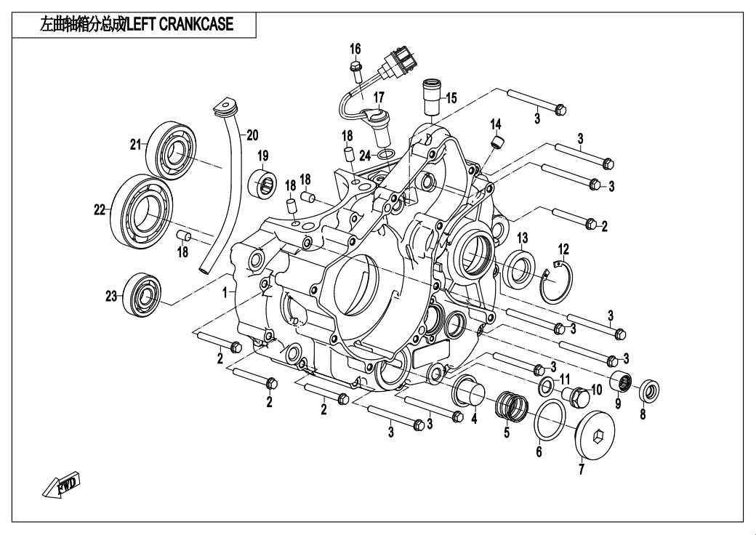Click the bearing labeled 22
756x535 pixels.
click(x=142, y=207)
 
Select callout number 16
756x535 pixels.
click(x=355, y=49)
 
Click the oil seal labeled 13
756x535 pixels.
click(x=518, y=268)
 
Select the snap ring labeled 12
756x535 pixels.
click(x=560, y=280)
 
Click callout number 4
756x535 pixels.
click(x=474, y=419)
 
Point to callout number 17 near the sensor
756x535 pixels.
click(x=379, y=97)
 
